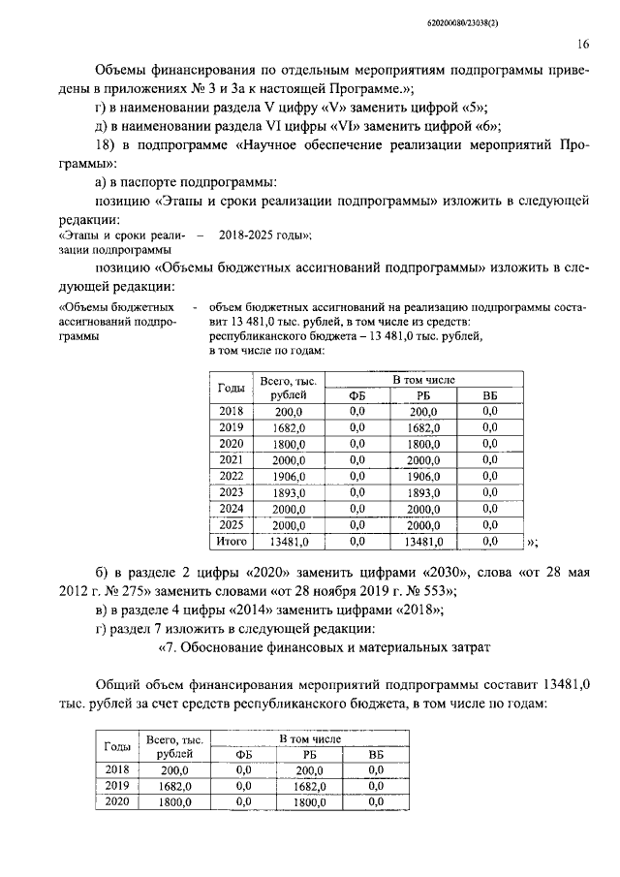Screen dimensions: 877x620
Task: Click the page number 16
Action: point(583,44)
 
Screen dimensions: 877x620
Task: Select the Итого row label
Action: point(232,542)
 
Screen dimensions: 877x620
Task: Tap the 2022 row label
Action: point(232,476)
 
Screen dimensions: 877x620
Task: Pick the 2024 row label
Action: point(232,509)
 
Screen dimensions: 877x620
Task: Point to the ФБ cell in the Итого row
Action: point(356,542)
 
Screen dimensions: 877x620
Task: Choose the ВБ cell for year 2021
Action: point(489,459)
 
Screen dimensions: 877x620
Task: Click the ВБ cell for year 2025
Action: point(489,525)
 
